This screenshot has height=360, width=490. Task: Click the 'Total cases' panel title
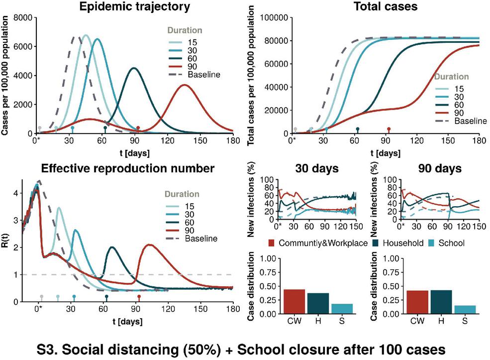(x=386, y=7)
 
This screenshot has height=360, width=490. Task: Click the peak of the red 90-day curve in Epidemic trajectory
(x=185, y=85)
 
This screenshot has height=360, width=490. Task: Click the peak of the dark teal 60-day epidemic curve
(x=133, y=68)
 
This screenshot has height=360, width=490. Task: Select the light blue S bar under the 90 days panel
(x=465, y=310)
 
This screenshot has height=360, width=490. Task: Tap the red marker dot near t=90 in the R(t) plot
(x=139, y=297)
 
